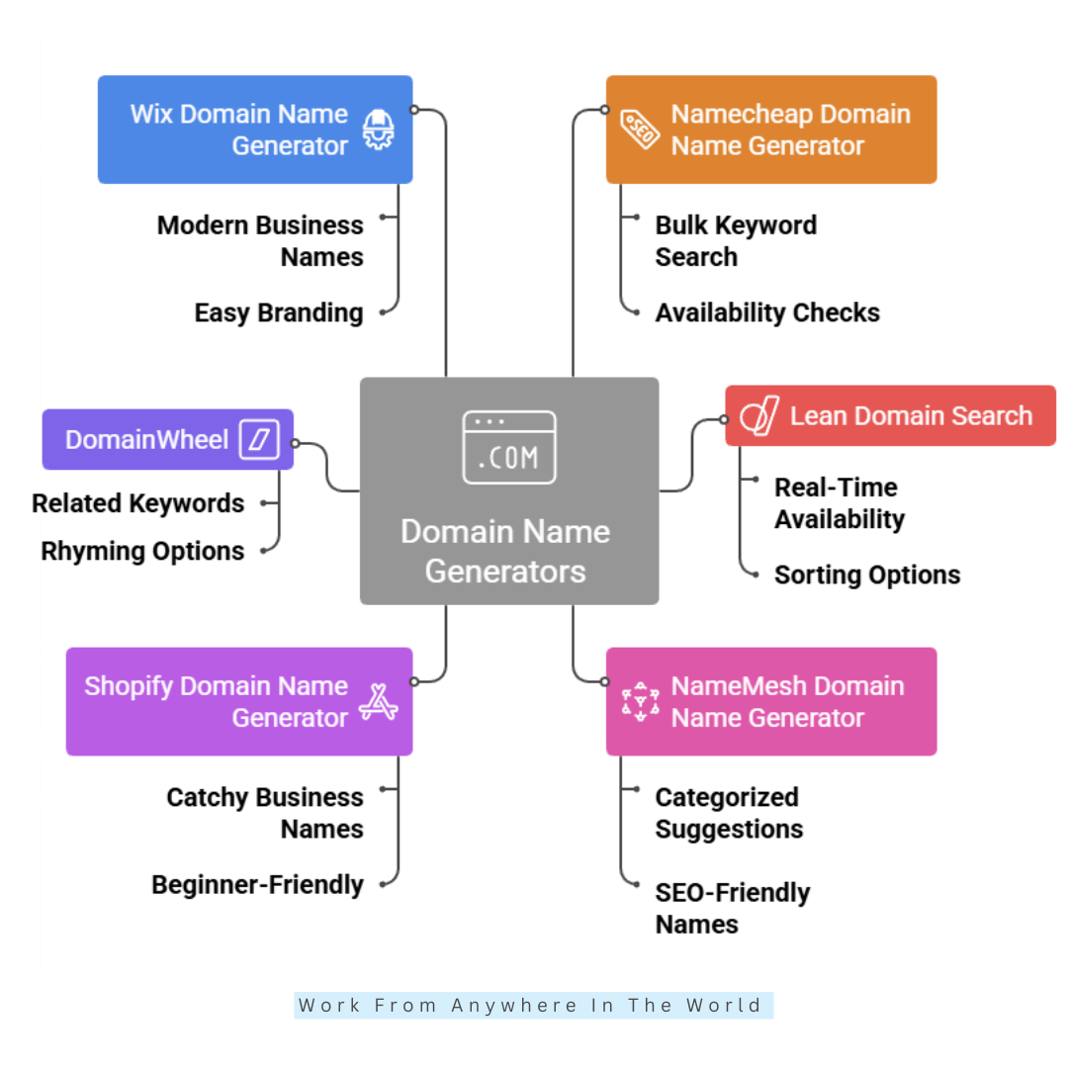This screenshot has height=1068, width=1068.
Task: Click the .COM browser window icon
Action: (x=508, y=447)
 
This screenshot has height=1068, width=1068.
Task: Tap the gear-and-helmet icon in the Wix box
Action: (x=378, y=130)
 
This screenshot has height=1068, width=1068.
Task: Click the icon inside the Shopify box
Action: (x=378, y=701)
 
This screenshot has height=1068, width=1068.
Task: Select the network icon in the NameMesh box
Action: (x=639, y=701)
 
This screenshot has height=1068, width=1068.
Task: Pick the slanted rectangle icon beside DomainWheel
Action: (x=260, y=439)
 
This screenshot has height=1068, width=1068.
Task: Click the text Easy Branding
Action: (x=279, y=312)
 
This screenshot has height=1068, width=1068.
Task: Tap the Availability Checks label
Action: (x=767, y=312)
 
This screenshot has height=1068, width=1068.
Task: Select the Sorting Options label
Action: (x=866, y=575)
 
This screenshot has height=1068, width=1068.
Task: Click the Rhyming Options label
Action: (x=142, y=551)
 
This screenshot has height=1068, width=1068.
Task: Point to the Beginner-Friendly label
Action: (x=257, y=884)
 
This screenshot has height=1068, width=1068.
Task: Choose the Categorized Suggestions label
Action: (x=729, y=813)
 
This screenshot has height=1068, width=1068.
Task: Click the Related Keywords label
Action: (x=137, y=503)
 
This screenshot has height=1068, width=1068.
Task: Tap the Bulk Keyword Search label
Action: (x=736, y=240)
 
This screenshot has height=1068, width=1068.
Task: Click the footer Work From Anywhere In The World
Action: (x=532, y=1006)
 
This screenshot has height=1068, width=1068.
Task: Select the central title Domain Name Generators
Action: (x=505, y=551)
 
